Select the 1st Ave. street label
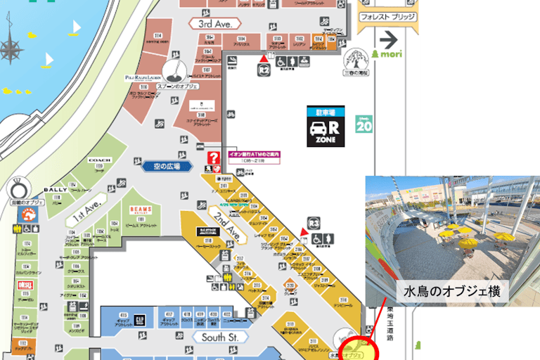pos(85,210)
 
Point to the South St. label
pos(220,337)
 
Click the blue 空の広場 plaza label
pos(162,167)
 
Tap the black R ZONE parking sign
pos(326,127)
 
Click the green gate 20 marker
pos(364,126)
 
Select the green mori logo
pos(388,53)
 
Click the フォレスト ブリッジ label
pos(387,16)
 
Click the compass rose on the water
pos(12,49)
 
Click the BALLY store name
pos(56,189)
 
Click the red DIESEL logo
pos(25,285)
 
